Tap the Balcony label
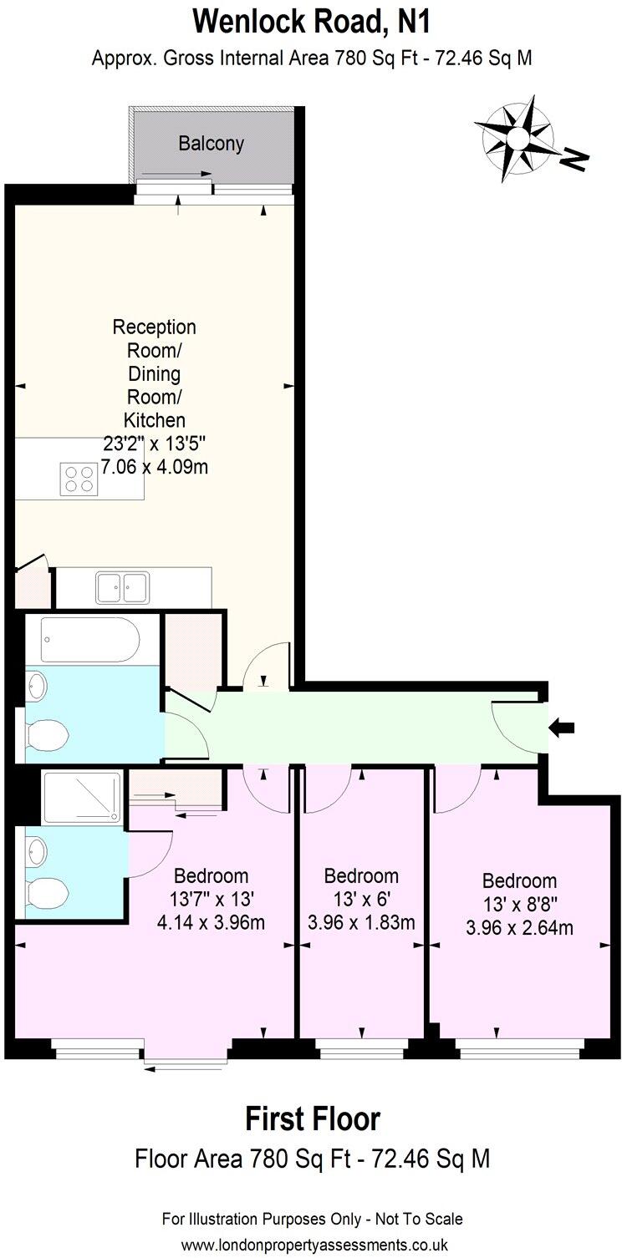tap(211, 144)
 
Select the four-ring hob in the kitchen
tap(78, 478)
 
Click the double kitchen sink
tap(122, 587)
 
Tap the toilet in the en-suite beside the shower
tap(46, 894)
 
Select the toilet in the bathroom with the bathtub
tap(46, 737)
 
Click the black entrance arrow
tap(562, 728)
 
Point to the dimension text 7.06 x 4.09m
tap(155, 467)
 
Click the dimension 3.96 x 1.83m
tap(361, 923)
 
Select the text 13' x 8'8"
tap(519, 905)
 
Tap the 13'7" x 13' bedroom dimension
tap(211, 900)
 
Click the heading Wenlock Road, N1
tap(311, 23)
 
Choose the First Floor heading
tap(312, 1119)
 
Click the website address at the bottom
tap(312, 1244)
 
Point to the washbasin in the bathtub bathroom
tap(37, 687)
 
